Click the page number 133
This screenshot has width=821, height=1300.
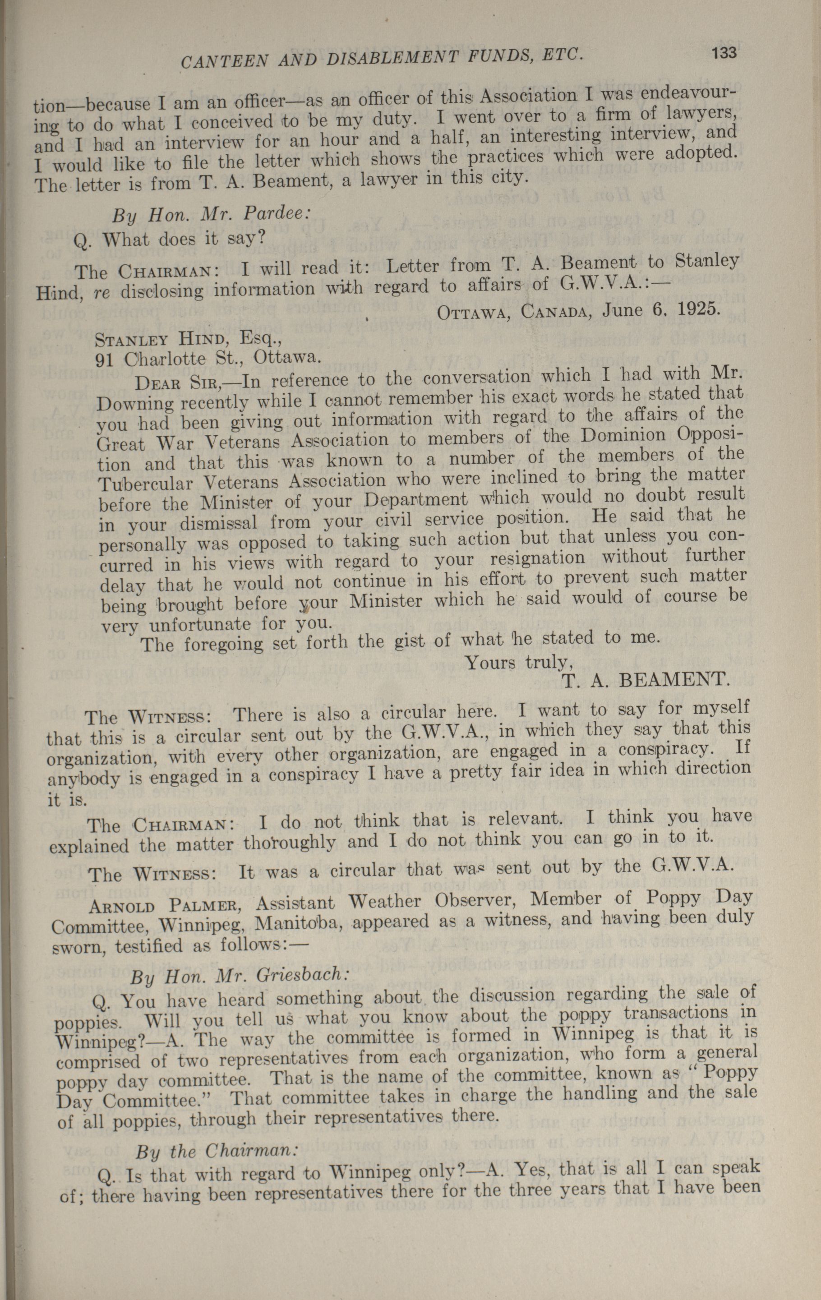(724, 52)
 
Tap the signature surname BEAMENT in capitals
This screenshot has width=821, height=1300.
(674, 678)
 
